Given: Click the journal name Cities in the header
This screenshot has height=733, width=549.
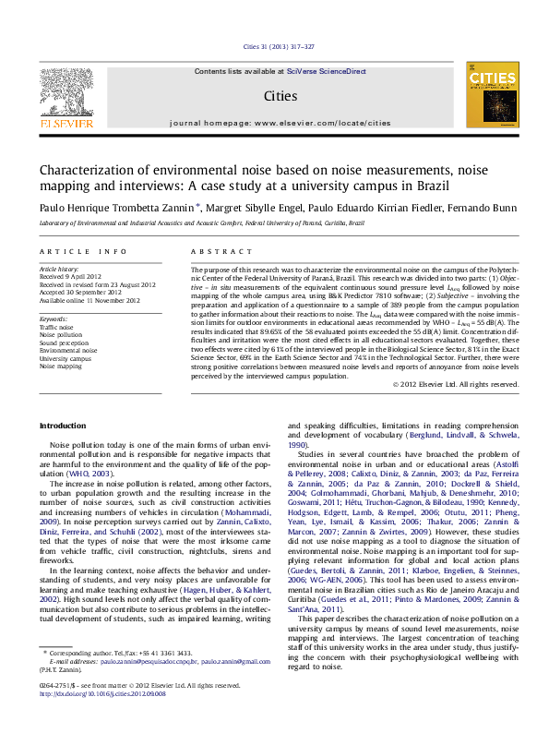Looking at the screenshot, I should click(x=280, y=95).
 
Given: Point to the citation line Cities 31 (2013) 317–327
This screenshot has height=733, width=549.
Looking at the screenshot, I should click(x=278, y=46).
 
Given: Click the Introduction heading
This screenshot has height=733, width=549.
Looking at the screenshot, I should click(x=67, y=425).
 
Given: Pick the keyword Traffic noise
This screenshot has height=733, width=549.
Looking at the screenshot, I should click(x=57, y=327).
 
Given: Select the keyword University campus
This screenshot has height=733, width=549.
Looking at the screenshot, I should click(x=64, y=359).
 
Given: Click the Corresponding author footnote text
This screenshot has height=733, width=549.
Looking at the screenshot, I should click(x=114, y=679).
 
